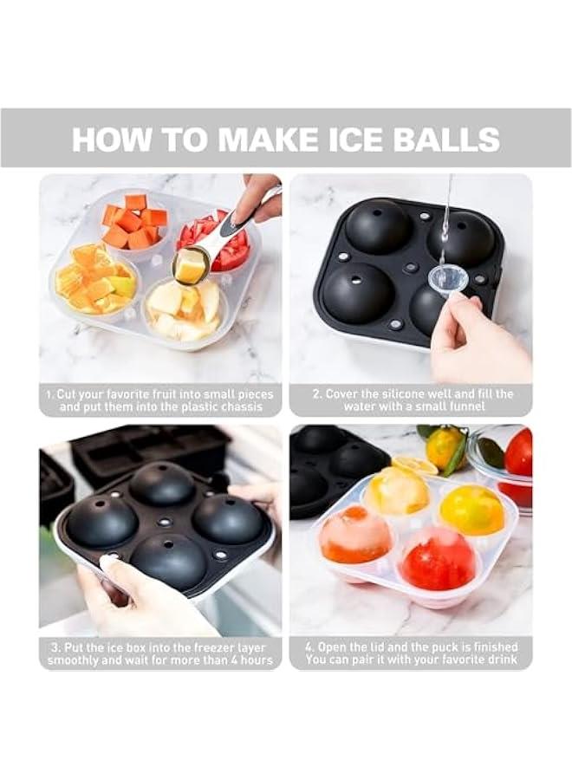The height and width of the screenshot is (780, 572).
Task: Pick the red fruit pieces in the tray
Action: [x=221, y=245]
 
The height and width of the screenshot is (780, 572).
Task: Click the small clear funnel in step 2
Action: [x=448, y=278]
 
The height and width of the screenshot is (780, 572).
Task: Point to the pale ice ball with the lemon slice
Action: [x=399, y=488]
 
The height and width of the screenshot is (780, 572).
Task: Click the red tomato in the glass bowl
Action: [x=518, y=453]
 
